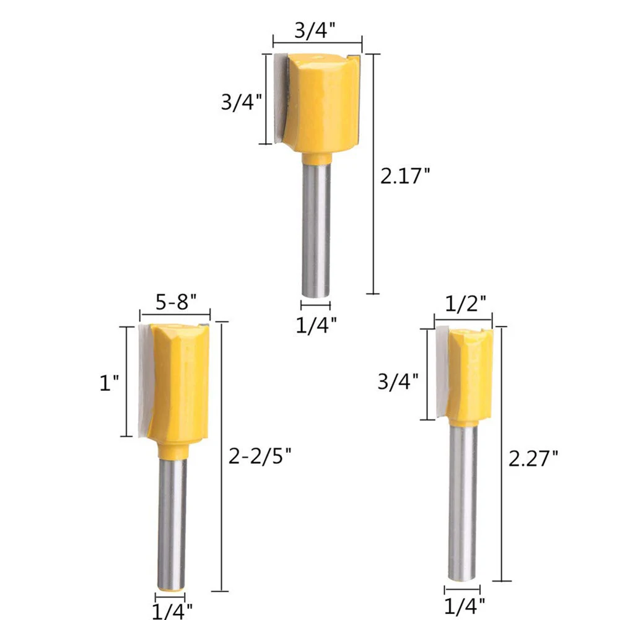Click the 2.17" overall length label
[404, 176]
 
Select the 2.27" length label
[533, 459]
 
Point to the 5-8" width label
[176, 302]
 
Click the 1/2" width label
[465, 304]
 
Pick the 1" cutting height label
[109, 383]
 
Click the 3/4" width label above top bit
[315, 30]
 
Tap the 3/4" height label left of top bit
[241, 102]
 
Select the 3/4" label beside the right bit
[398, 382]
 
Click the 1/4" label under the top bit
[317, 325]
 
